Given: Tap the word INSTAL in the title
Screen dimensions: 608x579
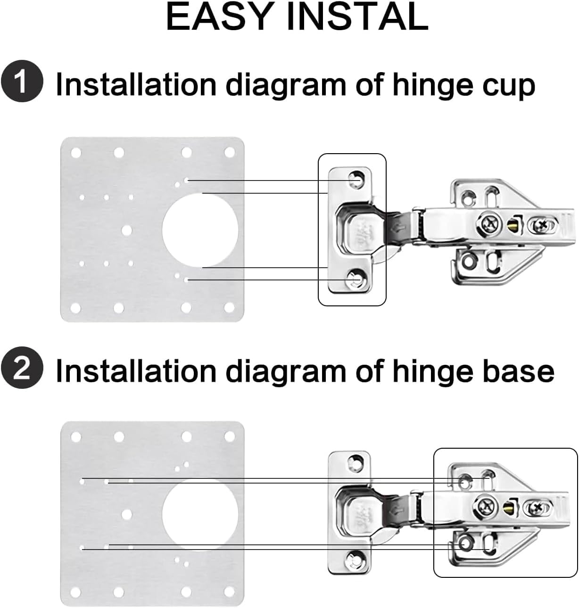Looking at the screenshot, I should tap(357, 16).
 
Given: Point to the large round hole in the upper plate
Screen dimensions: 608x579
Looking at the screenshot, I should tap(200, 230).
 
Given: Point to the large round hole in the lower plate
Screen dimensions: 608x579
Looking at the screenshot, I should tap(200, 514).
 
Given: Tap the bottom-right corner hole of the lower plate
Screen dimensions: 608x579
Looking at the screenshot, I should tap(230, 592).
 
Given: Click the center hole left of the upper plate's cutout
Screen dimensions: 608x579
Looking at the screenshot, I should tap(126, 230).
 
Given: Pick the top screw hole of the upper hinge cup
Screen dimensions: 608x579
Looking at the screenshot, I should tap(356, 180).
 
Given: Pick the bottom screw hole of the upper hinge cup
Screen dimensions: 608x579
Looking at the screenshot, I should tap(355, 280).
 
